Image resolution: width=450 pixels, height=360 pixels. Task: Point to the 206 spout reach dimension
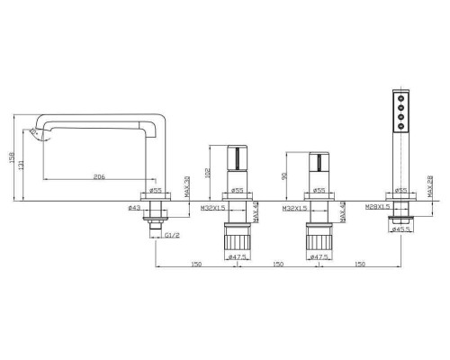tap(99, 177)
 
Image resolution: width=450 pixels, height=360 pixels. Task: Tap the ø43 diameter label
tap(136, 209)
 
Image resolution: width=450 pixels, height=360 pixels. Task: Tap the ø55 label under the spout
tap(155, 191)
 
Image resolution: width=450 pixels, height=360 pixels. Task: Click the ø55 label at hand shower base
tap(400, 191)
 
